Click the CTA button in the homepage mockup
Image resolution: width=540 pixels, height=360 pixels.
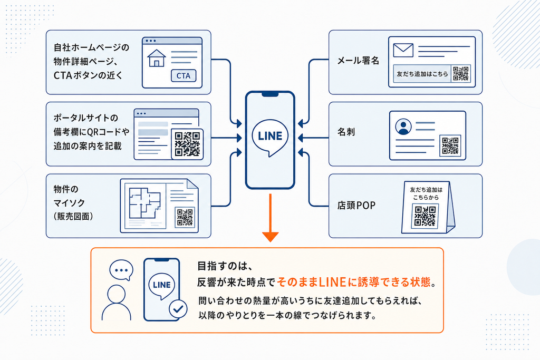tap(184, 76)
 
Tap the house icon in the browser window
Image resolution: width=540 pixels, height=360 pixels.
tap(157, 58)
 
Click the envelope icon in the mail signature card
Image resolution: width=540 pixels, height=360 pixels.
tap(403, 50)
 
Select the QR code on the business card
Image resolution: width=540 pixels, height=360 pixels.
tap(450, 145)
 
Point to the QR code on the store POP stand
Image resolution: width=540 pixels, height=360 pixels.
tap(425, 216)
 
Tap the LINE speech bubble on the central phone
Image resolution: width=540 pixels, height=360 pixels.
tap(270, 138)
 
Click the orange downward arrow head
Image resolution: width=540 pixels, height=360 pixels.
tap(271, 237)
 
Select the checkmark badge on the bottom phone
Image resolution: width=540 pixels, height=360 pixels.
tap(178, 309)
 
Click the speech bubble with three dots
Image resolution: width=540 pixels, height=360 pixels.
tap(121, 270)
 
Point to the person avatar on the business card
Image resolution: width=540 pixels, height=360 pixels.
tap(403, 127)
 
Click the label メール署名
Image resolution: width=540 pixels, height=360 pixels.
tap(358, 61)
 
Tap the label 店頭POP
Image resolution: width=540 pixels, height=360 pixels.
tap(356, 206)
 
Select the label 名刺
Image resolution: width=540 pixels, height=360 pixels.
tap(346, 132)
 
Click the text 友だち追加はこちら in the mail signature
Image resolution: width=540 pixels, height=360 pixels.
tap(422, 74)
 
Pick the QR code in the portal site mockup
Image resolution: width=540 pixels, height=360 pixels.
tap(187, 144)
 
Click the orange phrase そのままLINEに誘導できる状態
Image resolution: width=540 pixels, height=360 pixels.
tap(354, 282)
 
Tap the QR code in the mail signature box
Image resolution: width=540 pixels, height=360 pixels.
tap(461, 74)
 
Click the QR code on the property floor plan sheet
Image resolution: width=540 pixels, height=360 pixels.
tap(185, 217)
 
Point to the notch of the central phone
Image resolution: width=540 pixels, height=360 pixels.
tap(270, 94)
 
